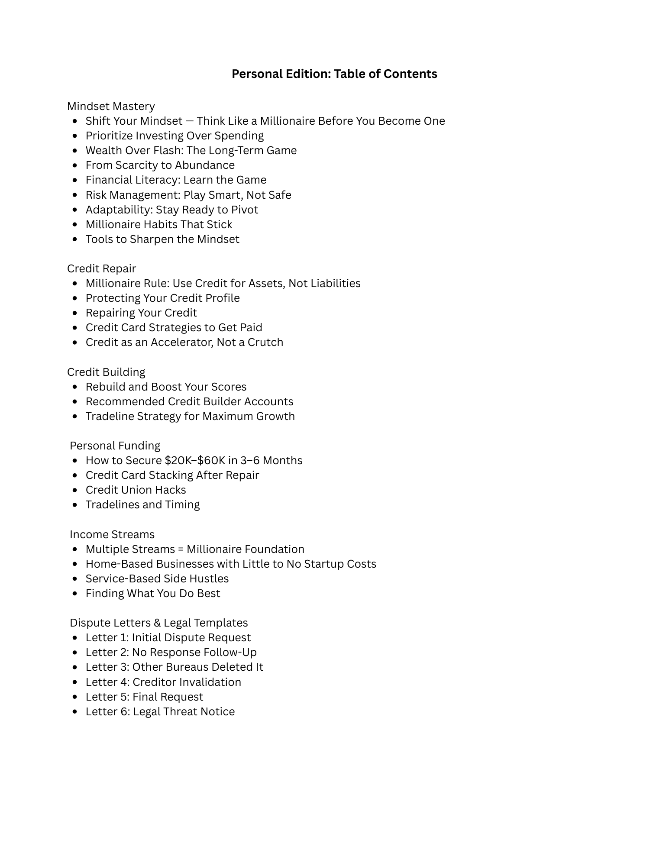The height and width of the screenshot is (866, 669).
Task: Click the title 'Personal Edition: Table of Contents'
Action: click(x=334, y=74)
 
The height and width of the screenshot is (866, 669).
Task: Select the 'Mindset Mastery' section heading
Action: click(x=111, y=106)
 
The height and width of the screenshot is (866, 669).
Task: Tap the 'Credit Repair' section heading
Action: click(x=101, y=268)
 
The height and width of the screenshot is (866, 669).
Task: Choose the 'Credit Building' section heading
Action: click(x=106, y=372)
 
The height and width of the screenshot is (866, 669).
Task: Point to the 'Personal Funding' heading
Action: click(x=115, y=446)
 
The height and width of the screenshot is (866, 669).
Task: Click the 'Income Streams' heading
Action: click(x=112, y=534)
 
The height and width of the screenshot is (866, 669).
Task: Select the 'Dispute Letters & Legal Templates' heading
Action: click(x=158, y=623)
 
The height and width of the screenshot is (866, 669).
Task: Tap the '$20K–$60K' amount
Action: click(x=195, y=460)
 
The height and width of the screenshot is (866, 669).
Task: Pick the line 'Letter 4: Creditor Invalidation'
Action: click(x=163, y=682)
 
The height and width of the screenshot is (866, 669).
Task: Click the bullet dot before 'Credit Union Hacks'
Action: click(x=75, y=490)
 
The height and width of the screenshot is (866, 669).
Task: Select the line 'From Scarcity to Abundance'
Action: click(x=160, y=165)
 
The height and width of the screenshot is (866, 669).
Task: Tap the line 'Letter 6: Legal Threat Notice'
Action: click(x=160, y=711)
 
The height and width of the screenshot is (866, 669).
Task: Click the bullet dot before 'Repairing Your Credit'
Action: click(x=75, y=313)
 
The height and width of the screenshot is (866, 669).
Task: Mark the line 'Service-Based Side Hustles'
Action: click(x=157, y=578)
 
